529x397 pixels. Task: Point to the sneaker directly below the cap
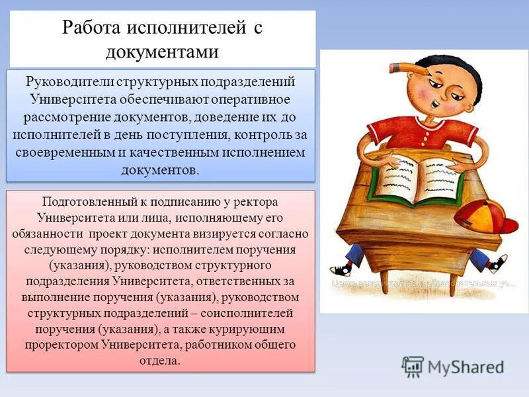(497, 263)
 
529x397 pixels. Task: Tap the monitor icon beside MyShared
(413, 366)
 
